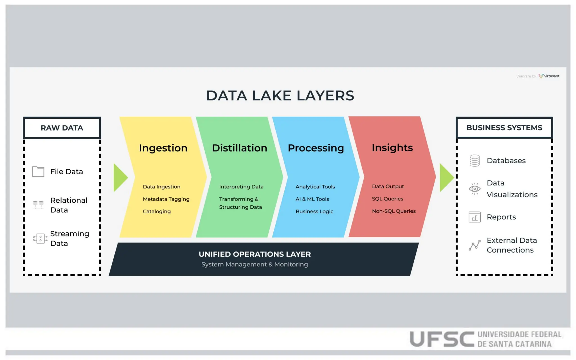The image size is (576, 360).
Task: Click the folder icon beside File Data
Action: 38,171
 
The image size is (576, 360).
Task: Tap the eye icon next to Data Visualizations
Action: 474,188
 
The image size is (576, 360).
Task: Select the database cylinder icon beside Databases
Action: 474,161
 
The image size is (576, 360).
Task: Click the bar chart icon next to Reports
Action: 474,217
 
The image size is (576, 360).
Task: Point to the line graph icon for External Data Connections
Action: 474,245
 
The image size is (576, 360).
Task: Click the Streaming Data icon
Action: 40,238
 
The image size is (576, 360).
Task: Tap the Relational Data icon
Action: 38,204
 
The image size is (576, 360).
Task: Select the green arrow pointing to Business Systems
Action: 446,177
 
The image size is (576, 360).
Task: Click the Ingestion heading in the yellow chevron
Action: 163,148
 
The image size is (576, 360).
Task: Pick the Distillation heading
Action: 239,148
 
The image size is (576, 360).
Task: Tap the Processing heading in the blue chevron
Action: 316,148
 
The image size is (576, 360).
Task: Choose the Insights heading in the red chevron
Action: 392,148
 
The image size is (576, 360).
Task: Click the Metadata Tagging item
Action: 166,199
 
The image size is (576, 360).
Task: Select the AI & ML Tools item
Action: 312,199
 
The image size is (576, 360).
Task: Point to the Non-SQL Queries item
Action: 393,211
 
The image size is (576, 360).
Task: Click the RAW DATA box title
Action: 62,128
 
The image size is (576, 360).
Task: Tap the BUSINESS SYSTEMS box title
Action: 504,128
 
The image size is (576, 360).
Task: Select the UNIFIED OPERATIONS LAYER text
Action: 255,254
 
